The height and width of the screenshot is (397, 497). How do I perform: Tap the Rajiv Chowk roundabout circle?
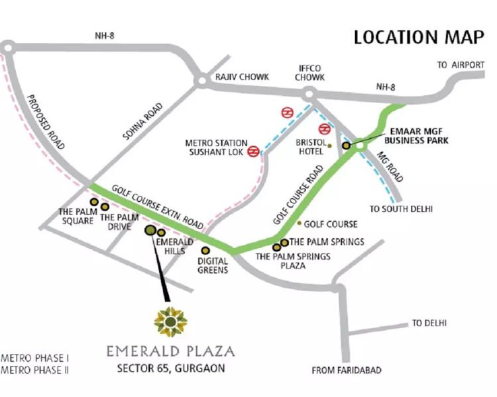(x=200, y=81)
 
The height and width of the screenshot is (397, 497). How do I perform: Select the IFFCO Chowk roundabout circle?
(x=307, y=96)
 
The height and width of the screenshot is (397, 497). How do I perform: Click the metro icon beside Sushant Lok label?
(x=253, y=152)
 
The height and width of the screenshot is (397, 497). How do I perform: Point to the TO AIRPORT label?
(x=460, y=65)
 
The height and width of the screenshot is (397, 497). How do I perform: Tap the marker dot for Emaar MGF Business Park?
(x=346, y=145)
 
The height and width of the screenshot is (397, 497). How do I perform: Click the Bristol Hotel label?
(x=309, y=146)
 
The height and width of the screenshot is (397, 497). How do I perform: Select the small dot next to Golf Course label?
(x=300, y=224)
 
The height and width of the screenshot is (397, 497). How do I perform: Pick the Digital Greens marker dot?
(x=205, y=251)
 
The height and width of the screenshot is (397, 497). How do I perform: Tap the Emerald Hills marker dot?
(x=161, y=232)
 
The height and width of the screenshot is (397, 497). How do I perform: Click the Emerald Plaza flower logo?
(x=170, y=322)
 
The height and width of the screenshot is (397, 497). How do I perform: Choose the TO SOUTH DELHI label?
(x=401, y=209)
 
